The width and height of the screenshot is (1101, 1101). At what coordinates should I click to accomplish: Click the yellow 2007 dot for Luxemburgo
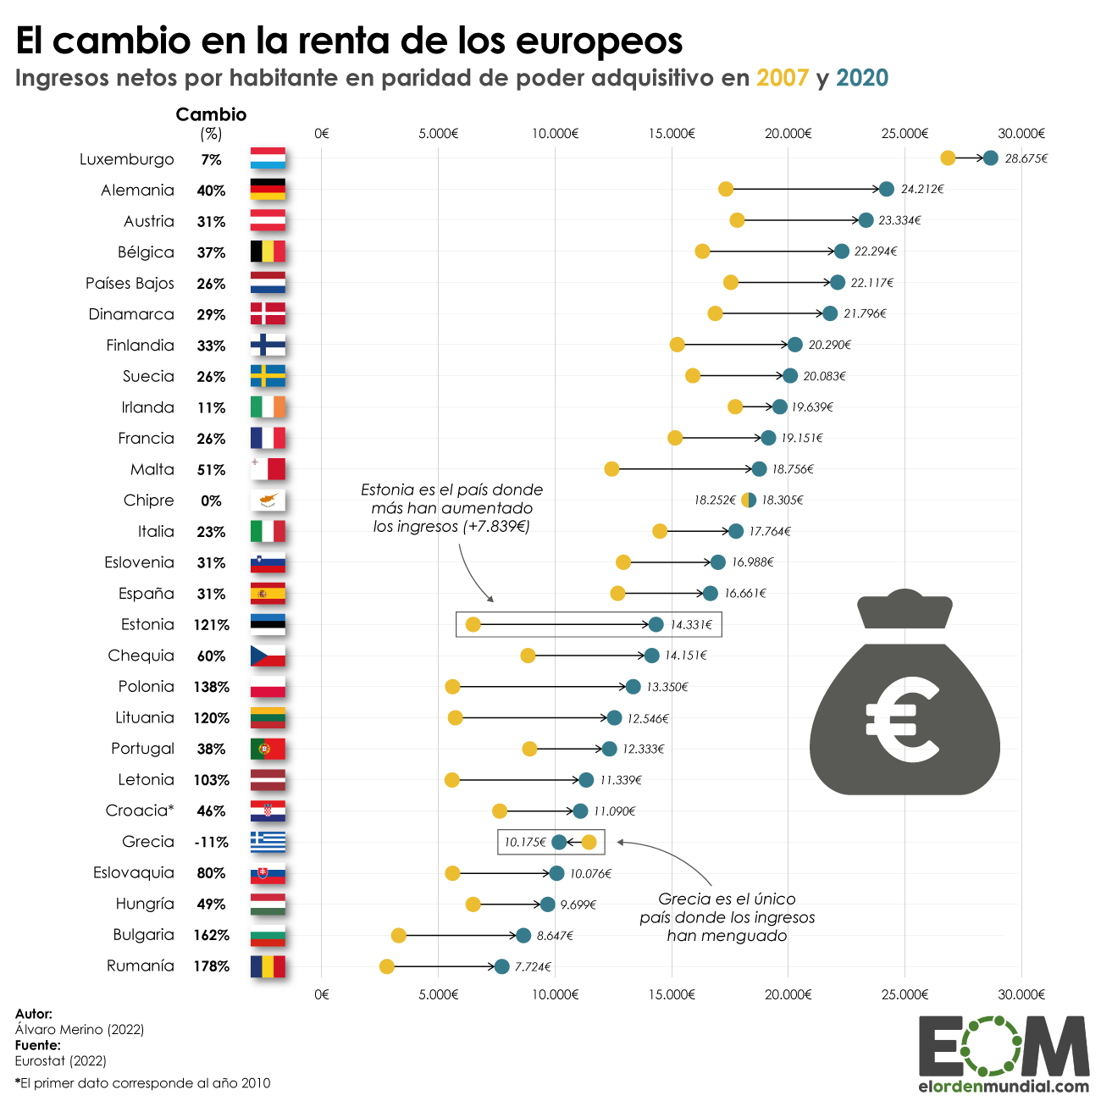pos(948,158)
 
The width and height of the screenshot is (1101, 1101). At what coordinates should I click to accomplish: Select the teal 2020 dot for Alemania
pos(887,189)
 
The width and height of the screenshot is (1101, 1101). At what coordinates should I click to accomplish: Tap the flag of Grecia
pos(268,842)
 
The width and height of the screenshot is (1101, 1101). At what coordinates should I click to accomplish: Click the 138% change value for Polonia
pos(212,687)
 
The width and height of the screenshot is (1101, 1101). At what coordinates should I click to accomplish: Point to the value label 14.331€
pos(691,625)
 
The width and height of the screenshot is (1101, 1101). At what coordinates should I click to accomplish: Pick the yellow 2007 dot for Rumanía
pos(387,966)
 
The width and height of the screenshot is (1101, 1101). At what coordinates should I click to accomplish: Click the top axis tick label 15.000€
pos(672,134)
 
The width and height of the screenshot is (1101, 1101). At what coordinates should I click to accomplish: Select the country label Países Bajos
pos(130,284)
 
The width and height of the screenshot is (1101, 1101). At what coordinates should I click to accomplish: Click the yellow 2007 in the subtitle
pos(783,78)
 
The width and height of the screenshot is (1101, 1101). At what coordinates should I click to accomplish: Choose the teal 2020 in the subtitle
pos(862,78)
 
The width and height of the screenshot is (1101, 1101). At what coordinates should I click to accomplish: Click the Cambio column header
pos(211,114)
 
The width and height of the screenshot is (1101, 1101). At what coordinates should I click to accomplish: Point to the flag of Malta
pos(268,469)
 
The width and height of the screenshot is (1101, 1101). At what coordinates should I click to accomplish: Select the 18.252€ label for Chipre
pos(715,501)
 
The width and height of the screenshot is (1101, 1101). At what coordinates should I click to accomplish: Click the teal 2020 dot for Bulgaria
pos(523,936)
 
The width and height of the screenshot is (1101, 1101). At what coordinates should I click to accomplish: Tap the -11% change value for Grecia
pos(212,843)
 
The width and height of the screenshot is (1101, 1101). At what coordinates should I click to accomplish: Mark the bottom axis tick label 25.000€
pos(905,994)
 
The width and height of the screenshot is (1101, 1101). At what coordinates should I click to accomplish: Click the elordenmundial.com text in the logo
pos(1004,1087)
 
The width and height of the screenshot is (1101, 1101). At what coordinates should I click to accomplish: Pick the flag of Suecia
pos(268,376)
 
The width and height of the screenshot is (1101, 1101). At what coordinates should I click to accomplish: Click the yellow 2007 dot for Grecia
pos(589,842)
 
